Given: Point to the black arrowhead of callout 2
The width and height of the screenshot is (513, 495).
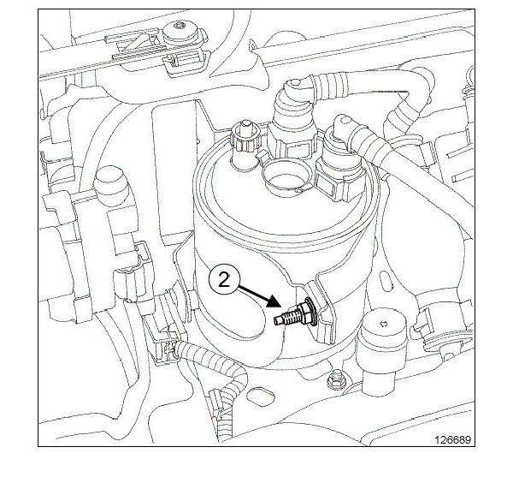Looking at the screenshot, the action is pyautogui.click(x=274, y=301).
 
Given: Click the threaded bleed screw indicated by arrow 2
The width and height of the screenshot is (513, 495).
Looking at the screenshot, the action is pyautogui.click(x=295, y=313).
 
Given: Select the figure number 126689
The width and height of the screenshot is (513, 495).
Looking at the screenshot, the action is pyautogui.click(x=453, y=439).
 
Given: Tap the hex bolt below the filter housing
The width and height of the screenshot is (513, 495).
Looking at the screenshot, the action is pyautogui.click(x=335, y=380).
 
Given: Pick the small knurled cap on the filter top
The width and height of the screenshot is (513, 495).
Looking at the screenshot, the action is pyautogui.click(x=245, y=137).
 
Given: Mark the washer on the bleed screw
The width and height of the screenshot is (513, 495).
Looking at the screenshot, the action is pyautogui.click(x=311, y=311).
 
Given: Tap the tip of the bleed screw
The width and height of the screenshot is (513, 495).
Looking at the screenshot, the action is pyautogui.click(x=275, y=322).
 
